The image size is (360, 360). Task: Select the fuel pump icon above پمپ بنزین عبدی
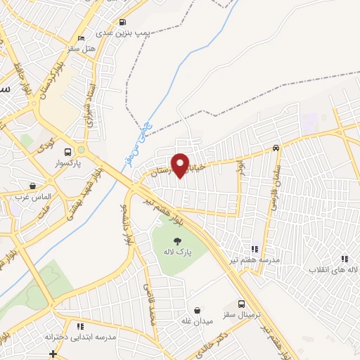123,22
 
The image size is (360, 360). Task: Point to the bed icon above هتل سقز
82,38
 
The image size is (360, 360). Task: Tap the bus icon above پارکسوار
68,152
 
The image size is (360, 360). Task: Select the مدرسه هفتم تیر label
253,259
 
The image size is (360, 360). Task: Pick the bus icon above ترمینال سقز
242,304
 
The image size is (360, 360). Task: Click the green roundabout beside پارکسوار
82,150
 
